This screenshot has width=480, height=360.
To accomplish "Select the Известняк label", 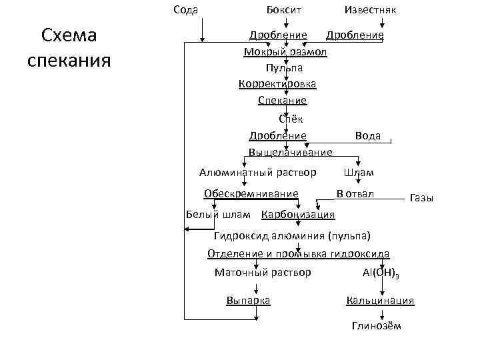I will click(370, 9).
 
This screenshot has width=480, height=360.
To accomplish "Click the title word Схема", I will click(69, 35).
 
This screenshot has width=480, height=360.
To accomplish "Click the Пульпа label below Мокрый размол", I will click(283, 67).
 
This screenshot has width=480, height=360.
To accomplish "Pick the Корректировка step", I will click(277, 84).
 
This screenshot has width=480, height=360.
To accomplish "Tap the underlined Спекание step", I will click(282, 100).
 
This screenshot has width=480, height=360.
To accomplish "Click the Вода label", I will click(368, 135).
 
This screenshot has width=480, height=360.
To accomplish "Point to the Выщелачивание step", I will click(290, 153).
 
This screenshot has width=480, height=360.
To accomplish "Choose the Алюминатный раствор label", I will click(257, 173).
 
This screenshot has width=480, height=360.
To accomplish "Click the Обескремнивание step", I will click(251, 193).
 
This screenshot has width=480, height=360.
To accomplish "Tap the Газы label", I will click(421, 198).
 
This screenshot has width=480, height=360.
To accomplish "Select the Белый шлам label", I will click(217, 215).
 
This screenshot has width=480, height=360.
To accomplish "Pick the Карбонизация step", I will click(298, 215).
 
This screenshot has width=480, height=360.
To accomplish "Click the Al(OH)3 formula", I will click(381, 273).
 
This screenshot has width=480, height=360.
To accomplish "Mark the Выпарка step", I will click(248, 301).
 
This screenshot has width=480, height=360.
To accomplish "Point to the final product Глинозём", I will click(376, 325).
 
